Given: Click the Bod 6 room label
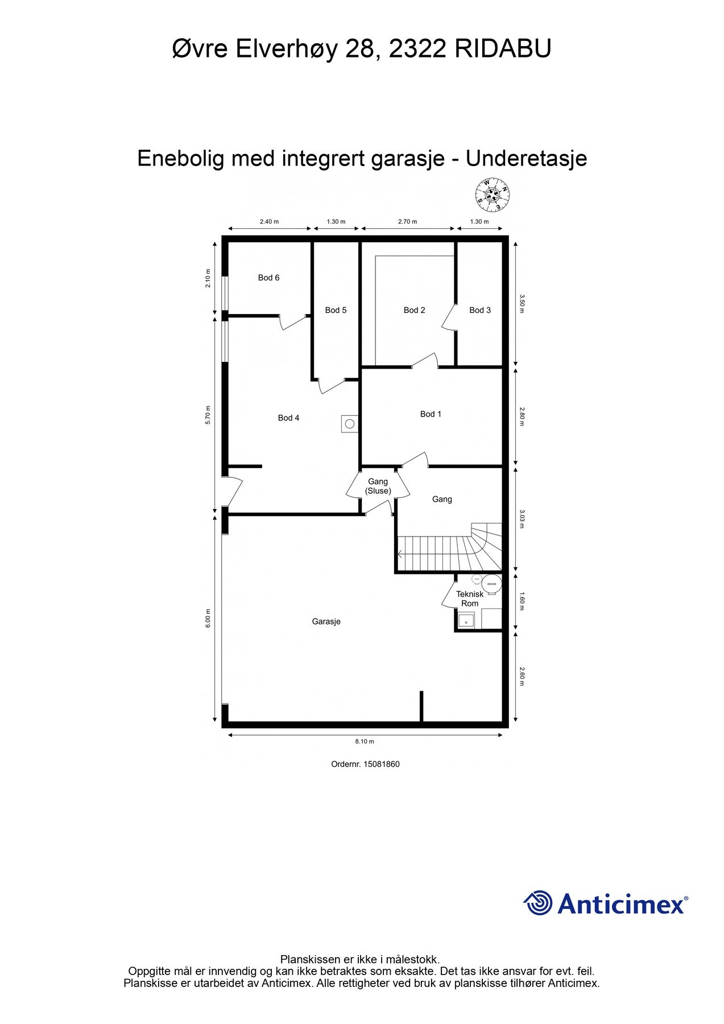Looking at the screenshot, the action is (268, 278).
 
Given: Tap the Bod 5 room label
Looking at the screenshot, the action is (336, 310).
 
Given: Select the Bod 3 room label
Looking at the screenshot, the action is (480, 310).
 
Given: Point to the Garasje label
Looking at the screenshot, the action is (326, 622).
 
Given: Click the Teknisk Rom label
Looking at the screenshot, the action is (470, 598).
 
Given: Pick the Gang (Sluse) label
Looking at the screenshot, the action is (378, 486).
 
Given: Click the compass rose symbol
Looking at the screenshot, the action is (492, 193).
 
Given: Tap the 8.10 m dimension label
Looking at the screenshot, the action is (365, 741).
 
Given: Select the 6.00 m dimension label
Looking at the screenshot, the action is (208, 622).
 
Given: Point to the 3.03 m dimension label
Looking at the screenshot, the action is (522, 519).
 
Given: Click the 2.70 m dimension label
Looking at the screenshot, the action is (407, 222).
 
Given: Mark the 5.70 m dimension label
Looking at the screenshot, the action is (208, 415).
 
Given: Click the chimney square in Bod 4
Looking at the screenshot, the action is (350, 424).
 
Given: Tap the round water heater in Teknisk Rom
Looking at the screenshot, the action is (491, 583).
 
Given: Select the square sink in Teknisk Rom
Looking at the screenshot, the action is (466, 619).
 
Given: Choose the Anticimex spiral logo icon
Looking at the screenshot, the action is (537, 903).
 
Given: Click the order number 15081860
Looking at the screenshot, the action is (381, 764).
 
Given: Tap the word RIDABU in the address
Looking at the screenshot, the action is (503, 49).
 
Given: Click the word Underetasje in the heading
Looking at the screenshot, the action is (526, 158).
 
